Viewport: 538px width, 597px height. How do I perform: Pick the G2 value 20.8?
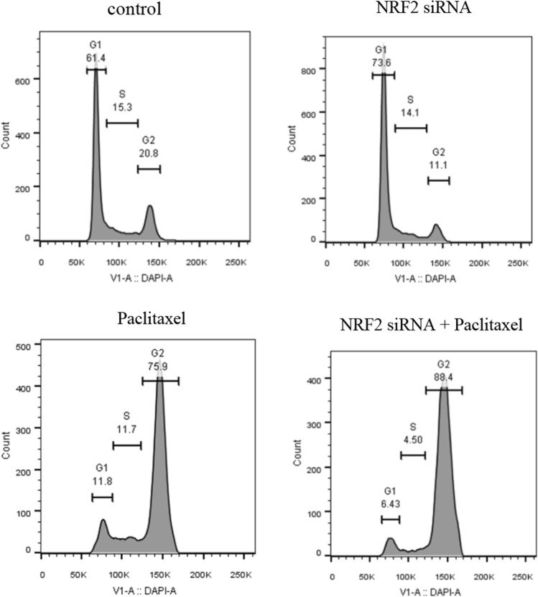pos(148,154)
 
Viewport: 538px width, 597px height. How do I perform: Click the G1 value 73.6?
pos(384,62)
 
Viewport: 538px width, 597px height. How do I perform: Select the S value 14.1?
pos(411,111)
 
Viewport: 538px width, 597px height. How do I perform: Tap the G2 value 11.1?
pos(439,165)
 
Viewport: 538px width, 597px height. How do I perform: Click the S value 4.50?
pos(412,439)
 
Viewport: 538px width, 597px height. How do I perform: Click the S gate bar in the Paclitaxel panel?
pos(127,446)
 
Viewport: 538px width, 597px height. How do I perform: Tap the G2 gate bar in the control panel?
pos(149,169)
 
